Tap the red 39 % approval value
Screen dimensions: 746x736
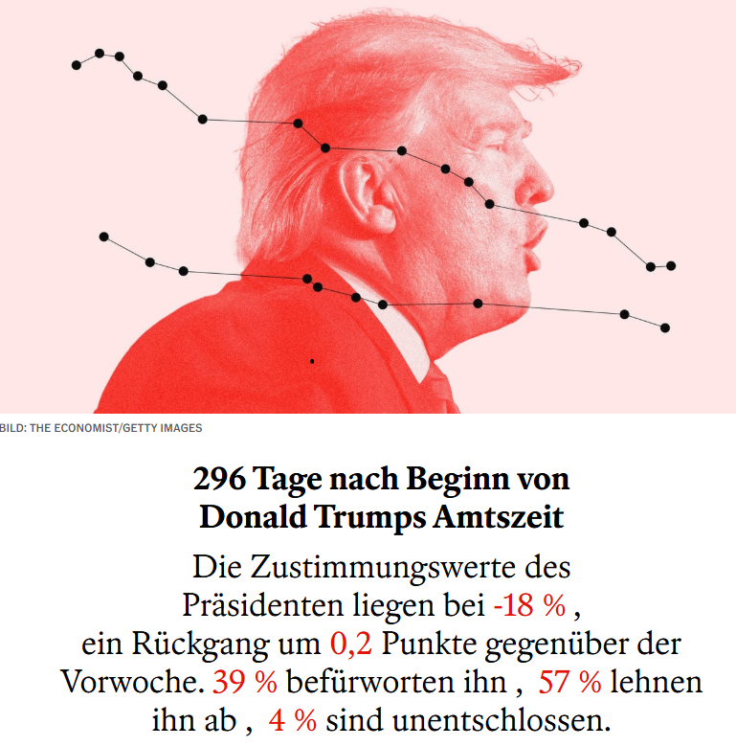(245, 682)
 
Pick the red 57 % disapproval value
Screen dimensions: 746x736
(570, 682)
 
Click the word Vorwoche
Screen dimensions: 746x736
(133, 682)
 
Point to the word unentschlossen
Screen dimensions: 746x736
(506, 720)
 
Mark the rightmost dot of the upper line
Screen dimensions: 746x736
(671, 265)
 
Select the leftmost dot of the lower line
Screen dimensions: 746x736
(104, 237)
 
